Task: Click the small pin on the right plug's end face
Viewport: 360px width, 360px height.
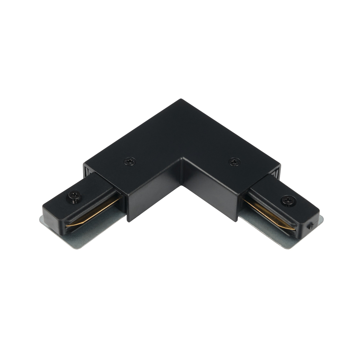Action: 310,226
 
